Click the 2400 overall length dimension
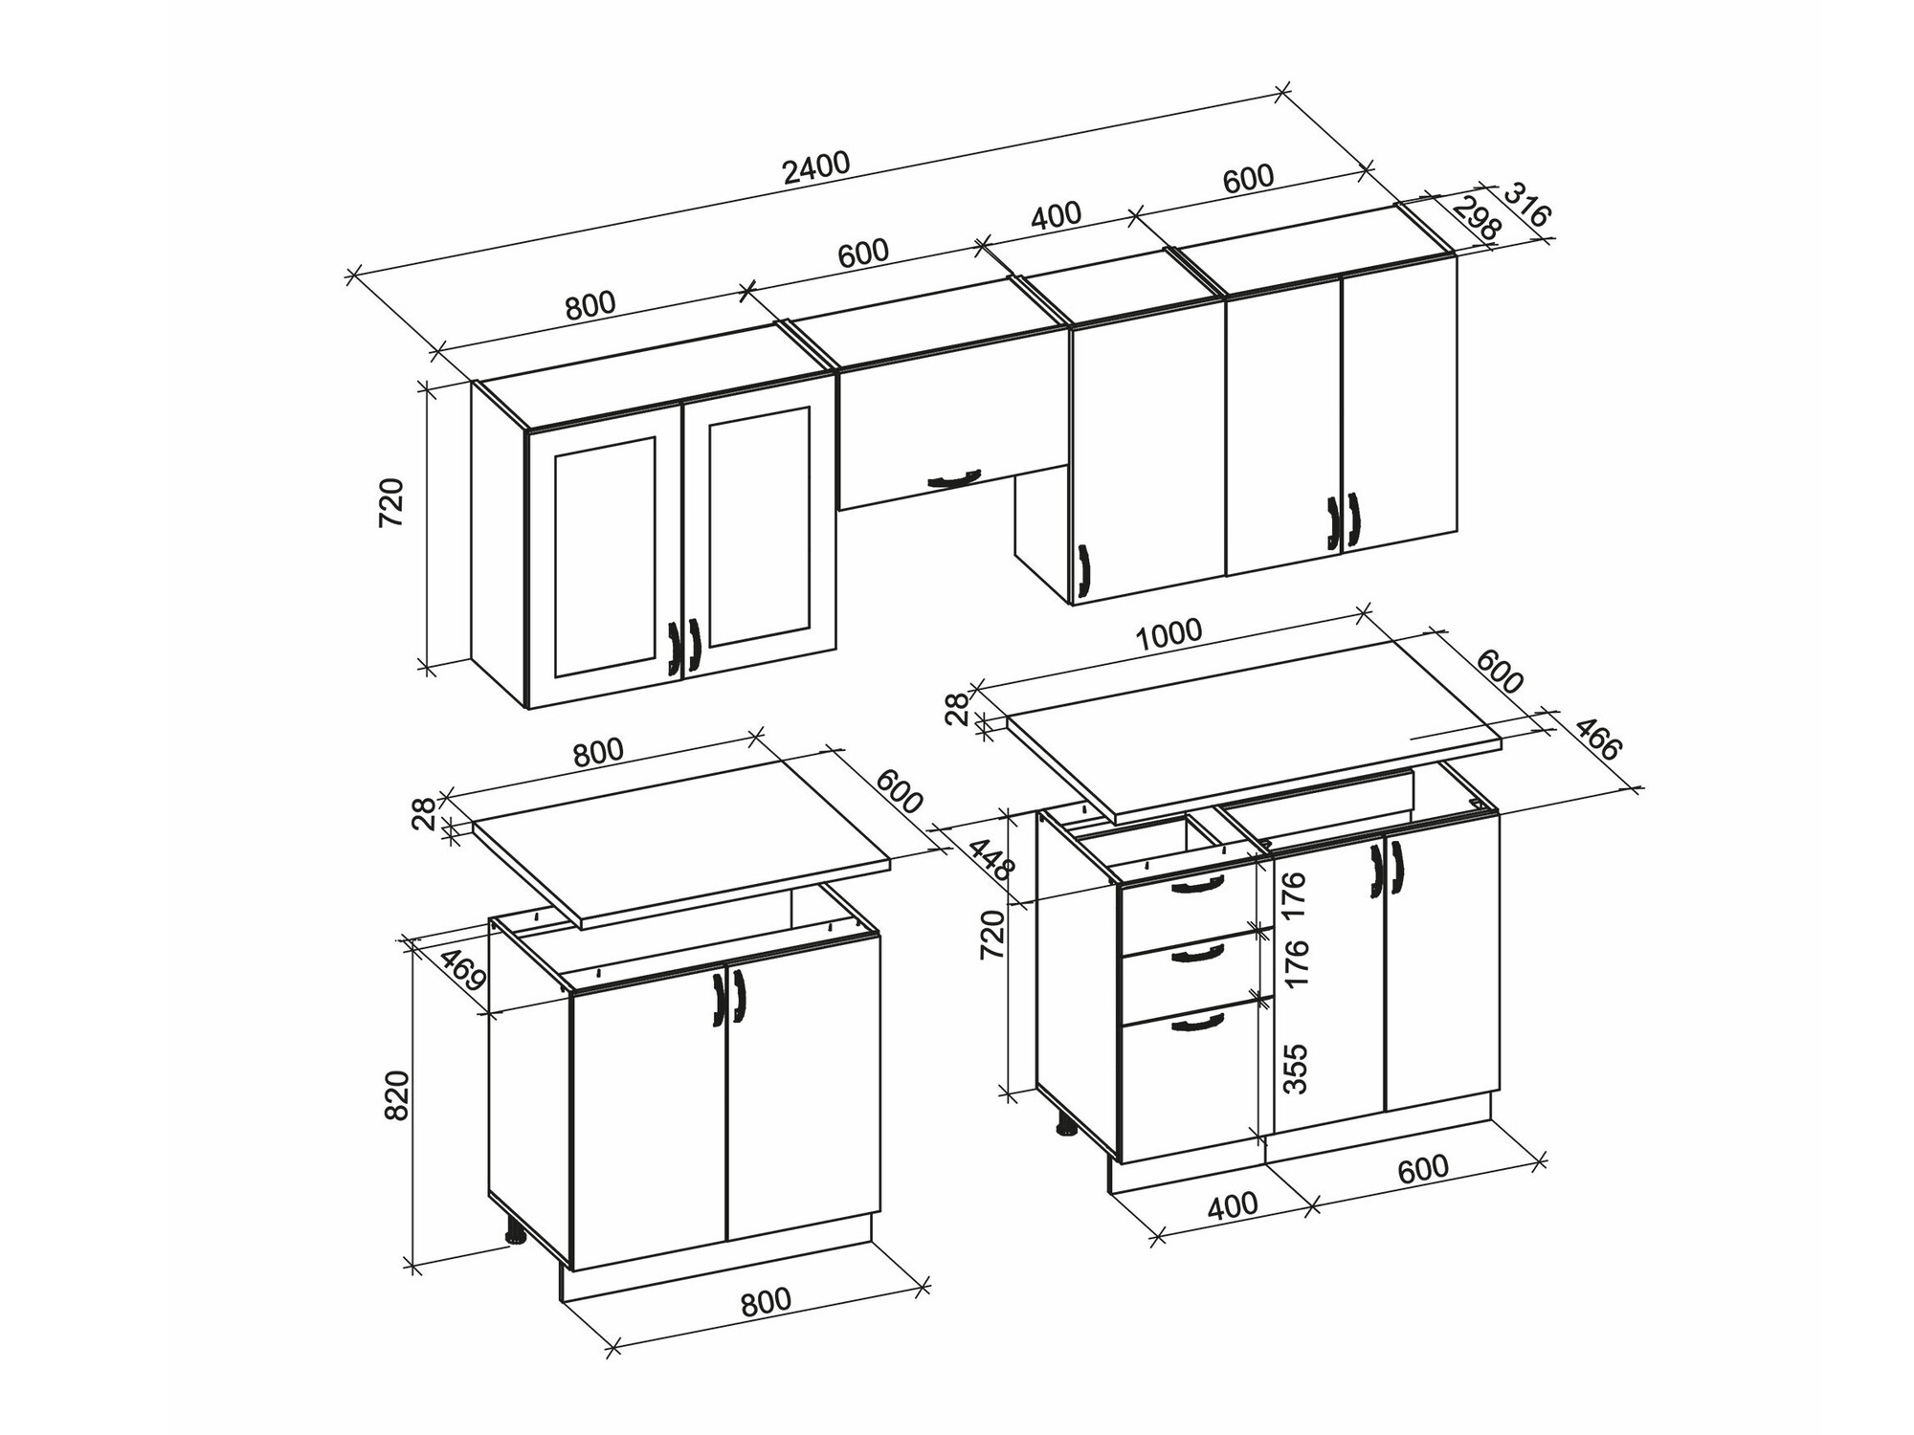pos(815,167)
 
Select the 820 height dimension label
pos(395,1096)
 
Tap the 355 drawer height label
pos(1294,1069)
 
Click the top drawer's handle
pos(1196,885)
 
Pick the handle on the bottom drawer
pos(1196,1023)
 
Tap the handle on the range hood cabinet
pos(954,478)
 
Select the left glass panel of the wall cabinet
pos(605,557)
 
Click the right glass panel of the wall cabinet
pos(760,525)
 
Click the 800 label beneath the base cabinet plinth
pos(766,1301)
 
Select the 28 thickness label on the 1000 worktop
pos(958,709)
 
